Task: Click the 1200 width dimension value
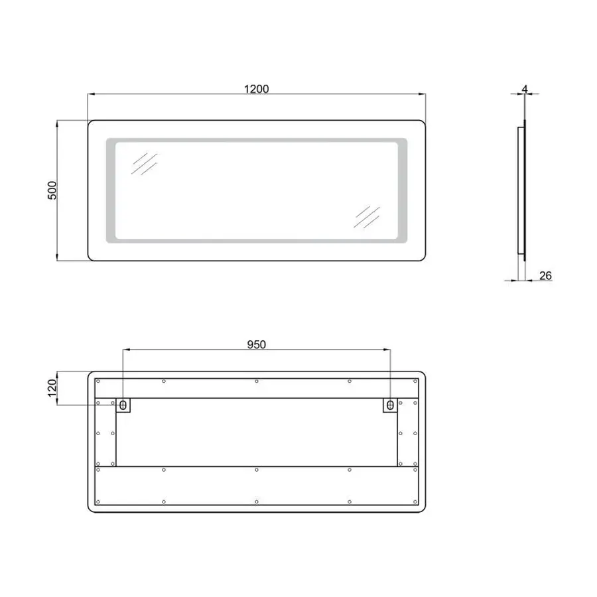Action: (256, 89)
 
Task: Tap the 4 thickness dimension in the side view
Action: (525, 88)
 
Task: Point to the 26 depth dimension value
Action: (545, 275)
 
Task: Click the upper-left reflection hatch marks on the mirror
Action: (144, 164)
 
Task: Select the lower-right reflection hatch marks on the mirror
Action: (367, 216)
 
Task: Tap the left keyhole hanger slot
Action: (123, 404)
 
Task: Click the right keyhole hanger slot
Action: (389, 404)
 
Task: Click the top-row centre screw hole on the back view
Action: (257, 381)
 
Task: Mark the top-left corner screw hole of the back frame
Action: (98, 381)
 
